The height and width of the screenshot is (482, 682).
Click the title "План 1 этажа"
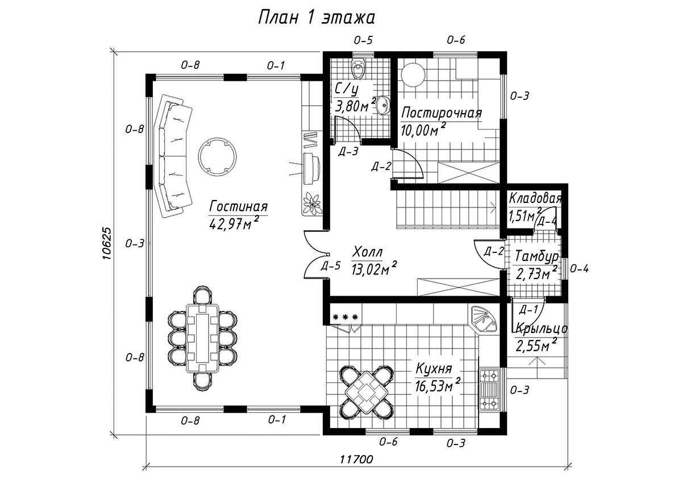(x=317, y=18)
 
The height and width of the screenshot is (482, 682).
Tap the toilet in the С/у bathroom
(x=357, y=68)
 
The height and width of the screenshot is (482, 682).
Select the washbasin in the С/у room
(x=383, y=105)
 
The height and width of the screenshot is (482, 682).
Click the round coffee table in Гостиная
(x=217, y=157)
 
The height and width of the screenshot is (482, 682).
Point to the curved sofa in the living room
(x=173, y=156)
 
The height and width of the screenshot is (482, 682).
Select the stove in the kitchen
(x=489, y=389)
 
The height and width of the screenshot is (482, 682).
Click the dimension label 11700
(x=356, y=459)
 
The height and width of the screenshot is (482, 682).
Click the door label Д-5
(x=330, y=266)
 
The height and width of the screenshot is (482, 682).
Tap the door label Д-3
(x=348, y=151)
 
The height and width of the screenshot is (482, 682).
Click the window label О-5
(x=363, y=40)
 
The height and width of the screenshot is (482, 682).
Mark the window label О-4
(x=579, y=269)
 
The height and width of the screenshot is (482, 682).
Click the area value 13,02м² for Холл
(x=374, y=269)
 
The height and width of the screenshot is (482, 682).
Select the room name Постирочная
(x=442, y=113)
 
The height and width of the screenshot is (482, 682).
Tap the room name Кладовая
(x=535, y=198)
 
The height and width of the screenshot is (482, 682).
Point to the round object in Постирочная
(x=413, y=74)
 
